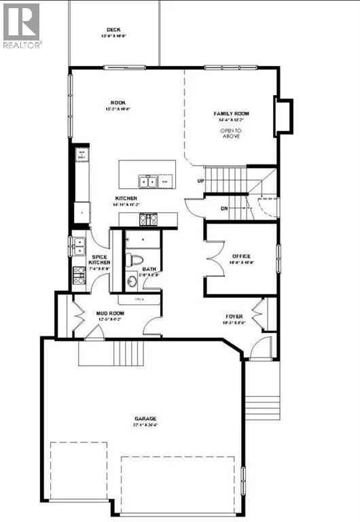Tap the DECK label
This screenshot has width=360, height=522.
113,29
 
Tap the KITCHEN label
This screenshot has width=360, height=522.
126,199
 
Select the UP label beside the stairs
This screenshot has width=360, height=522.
200,181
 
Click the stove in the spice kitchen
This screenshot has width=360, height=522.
77,275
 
